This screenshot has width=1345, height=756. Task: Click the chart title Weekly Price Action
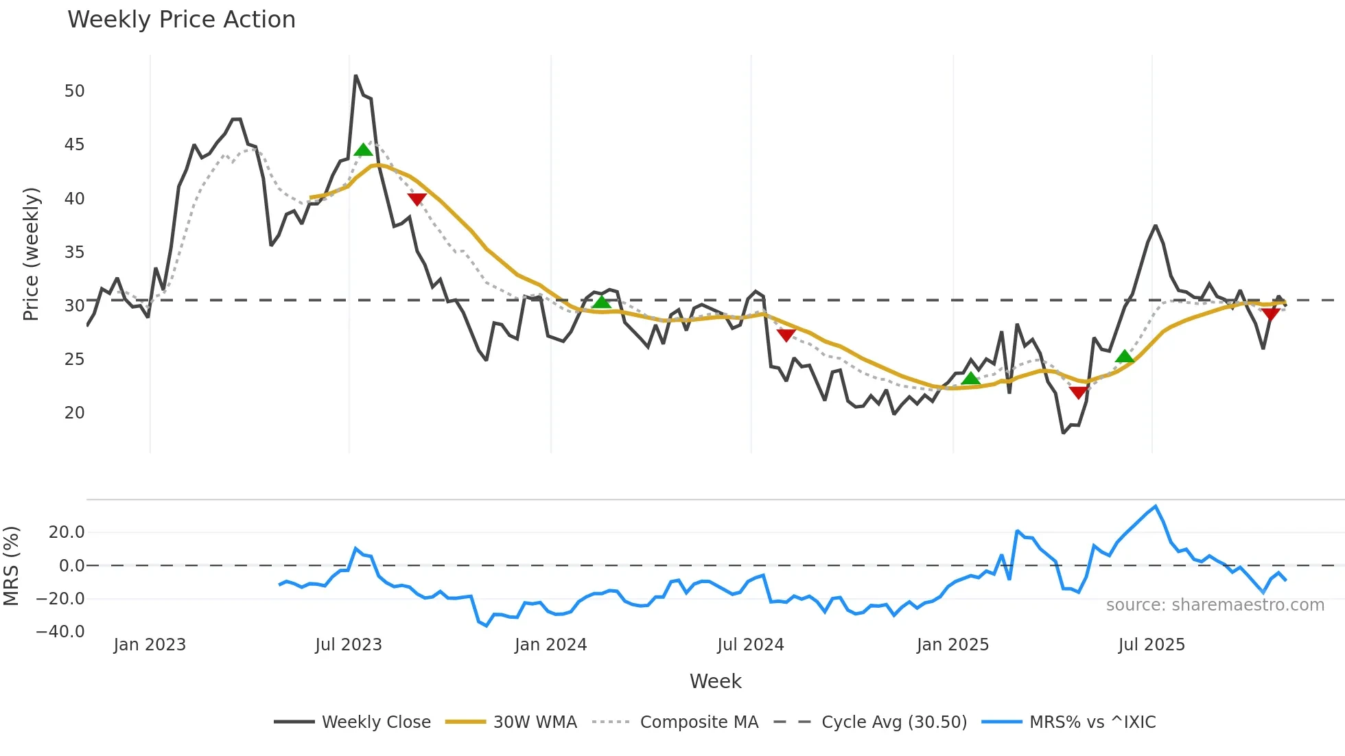181,20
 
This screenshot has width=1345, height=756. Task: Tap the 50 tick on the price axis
74,91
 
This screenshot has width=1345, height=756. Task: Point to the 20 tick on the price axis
74,413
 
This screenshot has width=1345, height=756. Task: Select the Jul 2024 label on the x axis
750,645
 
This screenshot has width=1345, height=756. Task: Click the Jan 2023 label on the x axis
150,645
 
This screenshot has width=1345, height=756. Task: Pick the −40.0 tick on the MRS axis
60,632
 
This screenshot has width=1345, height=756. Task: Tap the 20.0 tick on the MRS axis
67,532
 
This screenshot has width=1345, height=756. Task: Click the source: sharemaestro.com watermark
1215,605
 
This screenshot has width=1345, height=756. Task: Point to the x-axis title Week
715,681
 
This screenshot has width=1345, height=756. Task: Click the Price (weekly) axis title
31,254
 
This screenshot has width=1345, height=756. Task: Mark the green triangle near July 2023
364,150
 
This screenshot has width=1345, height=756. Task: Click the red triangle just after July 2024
786,335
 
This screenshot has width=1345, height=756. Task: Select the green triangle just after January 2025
970,379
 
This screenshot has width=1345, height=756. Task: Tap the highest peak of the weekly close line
355,75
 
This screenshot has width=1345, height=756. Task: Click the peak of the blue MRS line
1156,506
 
